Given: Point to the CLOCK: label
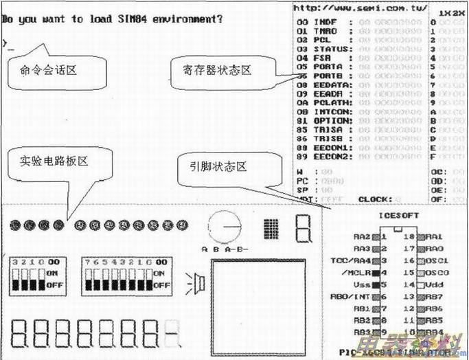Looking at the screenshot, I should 374,199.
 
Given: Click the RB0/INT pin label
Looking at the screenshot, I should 351,297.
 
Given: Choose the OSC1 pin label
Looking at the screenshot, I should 437,260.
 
